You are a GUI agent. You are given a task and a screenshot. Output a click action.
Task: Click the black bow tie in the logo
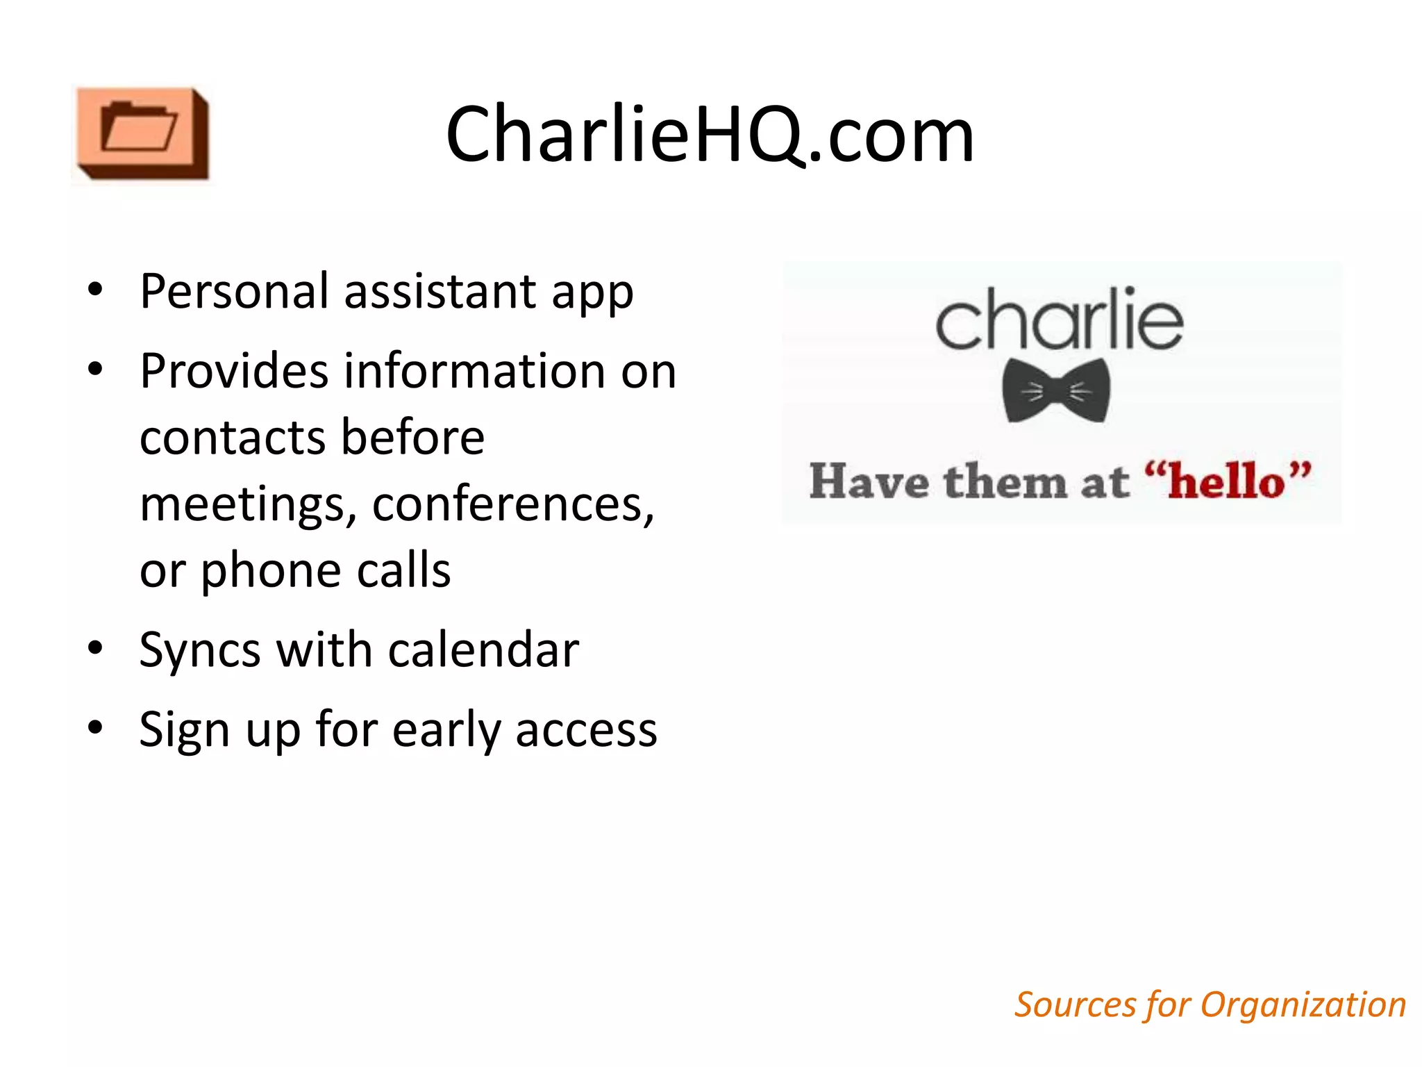tap(1056, 391)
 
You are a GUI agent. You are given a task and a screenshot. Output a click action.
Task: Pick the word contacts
tap(233, 438)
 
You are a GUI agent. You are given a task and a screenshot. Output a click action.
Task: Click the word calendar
tap(483, 650)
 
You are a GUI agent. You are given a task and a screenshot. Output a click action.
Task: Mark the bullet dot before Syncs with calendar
tap(95, 648)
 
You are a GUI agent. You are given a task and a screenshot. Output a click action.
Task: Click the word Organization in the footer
tap(1303, 1005)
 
